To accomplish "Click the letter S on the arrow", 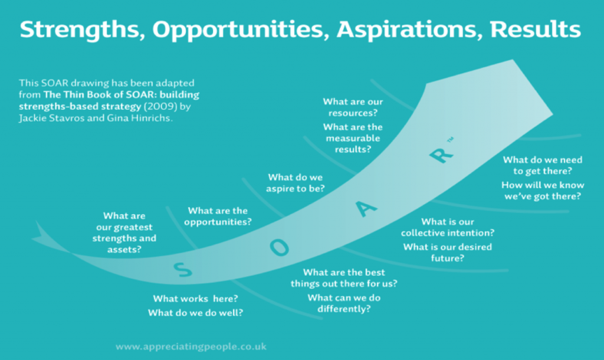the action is [x=183, y=270].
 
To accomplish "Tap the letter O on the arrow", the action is [x=279, y=247].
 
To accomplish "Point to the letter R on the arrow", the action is [x=441, y=155].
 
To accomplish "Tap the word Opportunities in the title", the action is [x=241, y=30].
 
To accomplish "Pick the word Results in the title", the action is [x=535, y=30].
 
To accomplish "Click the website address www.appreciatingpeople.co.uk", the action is [x=191, y=346].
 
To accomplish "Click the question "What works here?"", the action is [x=196, y=299].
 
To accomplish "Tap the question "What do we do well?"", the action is [x=196, y=313].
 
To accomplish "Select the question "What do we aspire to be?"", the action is [x=296, y=183].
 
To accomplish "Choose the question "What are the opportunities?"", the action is [x=218, y=216].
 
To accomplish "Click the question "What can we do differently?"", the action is [x=344, y=303].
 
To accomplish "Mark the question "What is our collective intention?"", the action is [x=448, y=227].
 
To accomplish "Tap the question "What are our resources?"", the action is [x=353, y=107].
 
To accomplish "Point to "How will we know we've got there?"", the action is [x=543, y=191].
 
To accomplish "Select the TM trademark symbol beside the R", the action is [x=450, y=139].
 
